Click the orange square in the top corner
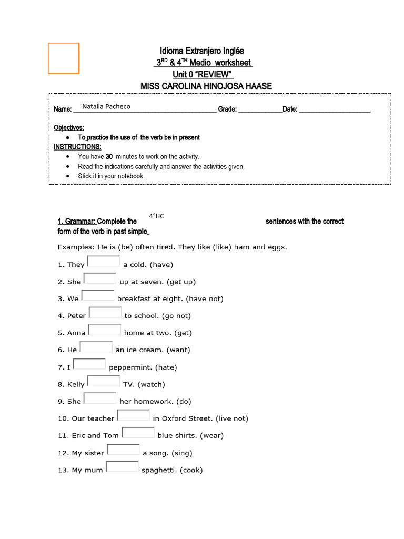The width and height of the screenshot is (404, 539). [64, 58]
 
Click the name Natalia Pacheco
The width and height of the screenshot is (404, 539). [106, 106]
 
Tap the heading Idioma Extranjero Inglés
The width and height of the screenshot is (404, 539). [202, 51]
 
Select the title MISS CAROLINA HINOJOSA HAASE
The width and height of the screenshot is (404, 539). [206, 86]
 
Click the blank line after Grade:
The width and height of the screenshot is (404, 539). [260, 110]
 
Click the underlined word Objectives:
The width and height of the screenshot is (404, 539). [69, 128]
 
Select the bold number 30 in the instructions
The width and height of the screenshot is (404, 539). [109, 156]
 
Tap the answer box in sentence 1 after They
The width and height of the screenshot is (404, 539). [104, 262]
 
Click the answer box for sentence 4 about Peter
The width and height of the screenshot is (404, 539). [105, 313]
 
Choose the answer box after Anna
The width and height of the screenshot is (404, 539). [105, 330]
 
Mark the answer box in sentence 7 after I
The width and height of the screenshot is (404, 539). [89, 364]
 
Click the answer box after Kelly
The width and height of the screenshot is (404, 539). [104, 381]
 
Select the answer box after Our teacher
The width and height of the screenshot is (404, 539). [133, 415]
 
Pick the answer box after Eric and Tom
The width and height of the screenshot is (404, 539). [138, 433]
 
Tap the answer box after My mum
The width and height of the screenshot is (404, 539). [122, 467]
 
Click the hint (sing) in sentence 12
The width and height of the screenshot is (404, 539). [181, 453]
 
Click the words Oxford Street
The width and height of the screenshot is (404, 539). [186, 418]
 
